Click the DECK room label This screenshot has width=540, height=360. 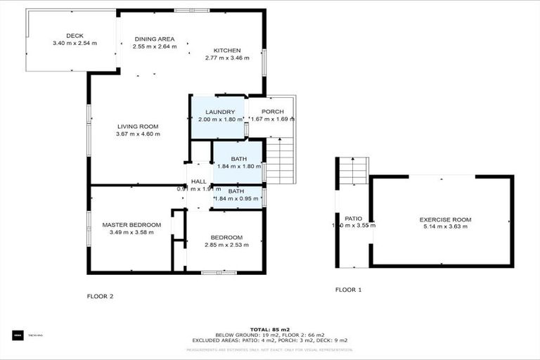pos(75,36)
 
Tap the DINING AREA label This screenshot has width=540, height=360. pos(155,39)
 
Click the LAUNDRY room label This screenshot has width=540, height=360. pos(219,112)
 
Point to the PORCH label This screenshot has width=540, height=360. pos(272,112)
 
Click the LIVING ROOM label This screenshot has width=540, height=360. pos(138,127)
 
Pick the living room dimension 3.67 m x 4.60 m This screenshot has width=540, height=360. pos(139,134)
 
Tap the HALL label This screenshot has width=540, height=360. pos(199,181)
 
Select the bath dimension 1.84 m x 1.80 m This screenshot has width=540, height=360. pos(238,167)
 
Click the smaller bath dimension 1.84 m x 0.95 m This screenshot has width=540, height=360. pos(238,198)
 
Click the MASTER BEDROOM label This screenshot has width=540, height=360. pos(131,225)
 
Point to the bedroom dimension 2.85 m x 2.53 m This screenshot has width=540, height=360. pos(226,245)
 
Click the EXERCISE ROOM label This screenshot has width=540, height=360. pos(444,219)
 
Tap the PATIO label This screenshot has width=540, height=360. pos(353,219)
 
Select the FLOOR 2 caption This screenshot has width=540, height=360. pos(100,296)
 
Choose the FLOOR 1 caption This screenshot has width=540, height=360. pos(348,290)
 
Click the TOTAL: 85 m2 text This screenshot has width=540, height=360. pos(270,328)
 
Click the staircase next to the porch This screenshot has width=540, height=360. pos(280,161)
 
